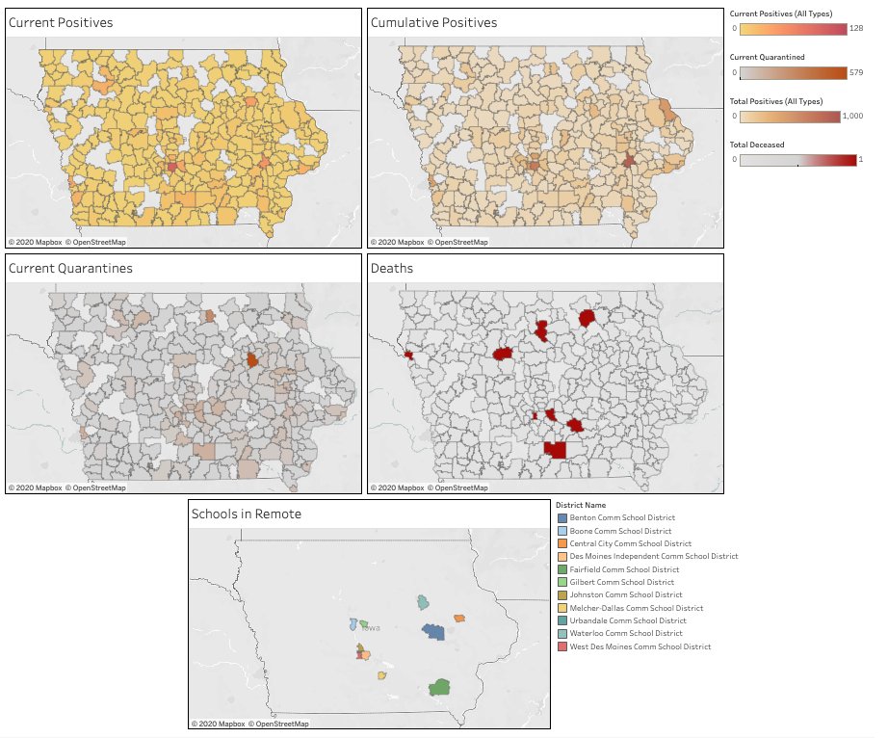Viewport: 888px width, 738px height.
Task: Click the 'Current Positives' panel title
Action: (x=61, y=22)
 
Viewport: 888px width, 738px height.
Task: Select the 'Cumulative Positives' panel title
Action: (x=433, y=22)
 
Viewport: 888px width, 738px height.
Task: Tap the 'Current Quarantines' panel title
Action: (x=70, y=268)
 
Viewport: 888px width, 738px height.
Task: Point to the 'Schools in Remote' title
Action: (x=247, y=514)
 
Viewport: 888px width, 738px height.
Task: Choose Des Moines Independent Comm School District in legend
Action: (x=653, y=556)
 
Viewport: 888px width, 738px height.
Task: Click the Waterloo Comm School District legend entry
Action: (x=626, y=633)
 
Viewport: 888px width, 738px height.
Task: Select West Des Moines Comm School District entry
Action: (x=640, y=646)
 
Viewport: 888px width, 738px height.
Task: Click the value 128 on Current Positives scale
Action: (x=855, y=29)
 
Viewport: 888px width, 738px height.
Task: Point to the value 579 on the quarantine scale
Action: (x=855, y=72)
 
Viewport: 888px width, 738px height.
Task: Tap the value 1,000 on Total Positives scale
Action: (x=853, y=116)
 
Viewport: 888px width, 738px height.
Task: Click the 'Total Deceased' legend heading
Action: (x=757, y=145)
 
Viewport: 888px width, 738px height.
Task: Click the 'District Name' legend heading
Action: (x=581, y=505)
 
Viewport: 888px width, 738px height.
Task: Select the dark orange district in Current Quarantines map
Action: (x=251, y=359)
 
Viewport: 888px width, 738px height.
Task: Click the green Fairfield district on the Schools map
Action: (x=440, y=687)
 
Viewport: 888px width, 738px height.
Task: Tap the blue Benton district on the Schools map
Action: (x=433, y=632)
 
